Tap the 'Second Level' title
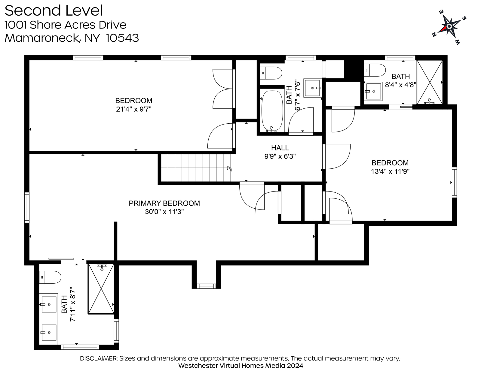[x=54, y=11]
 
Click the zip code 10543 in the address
[x=123, y=38]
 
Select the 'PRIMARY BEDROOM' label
[x=164, y=203]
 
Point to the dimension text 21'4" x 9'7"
[x=134, y=109]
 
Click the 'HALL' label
[x=280, y=148]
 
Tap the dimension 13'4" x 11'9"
[x=390, y=171]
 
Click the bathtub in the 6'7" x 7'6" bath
[x=272, y=111]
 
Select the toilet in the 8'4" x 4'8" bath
[x=375, y=70]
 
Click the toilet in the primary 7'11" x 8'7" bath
[x=50, y=277]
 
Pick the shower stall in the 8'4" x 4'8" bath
[x=429, y=82]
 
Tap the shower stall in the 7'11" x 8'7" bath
[x=101, y=289]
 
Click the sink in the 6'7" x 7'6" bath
[x=313, y=88]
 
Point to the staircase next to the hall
[x=196, y=168]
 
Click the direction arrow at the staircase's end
[x=229, y=168]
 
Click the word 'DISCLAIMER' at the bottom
[x=99, y=358]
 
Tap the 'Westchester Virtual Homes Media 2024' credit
[x=240, y=366]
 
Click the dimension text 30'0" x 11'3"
[x=164, y=212]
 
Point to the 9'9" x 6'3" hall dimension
[x=280, y=156]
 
